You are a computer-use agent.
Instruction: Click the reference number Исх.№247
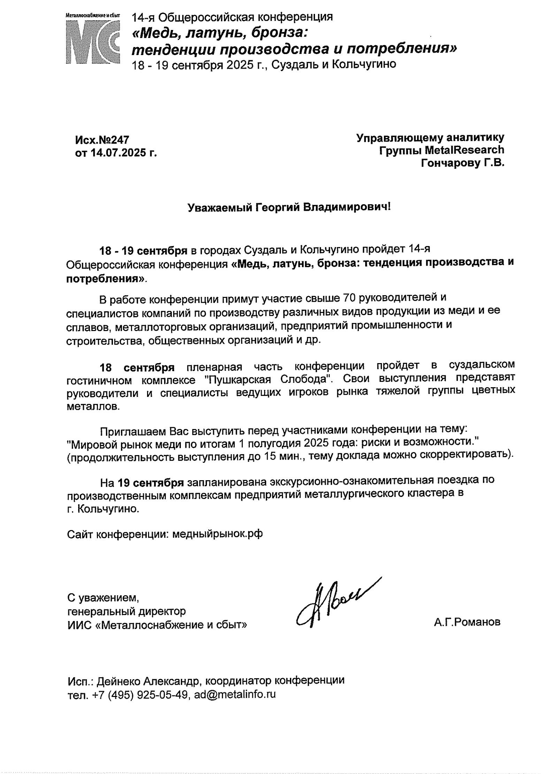click(x=102, y=140)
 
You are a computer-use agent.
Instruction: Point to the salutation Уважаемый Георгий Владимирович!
click(x=289, y=207)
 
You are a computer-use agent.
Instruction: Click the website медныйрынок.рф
click(x=217, y=534)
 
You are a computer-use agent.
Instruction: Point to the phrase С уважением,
click(x=103, y=598)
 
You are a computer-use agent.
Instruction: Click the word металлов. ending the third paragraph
click(x=93, y=407)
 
